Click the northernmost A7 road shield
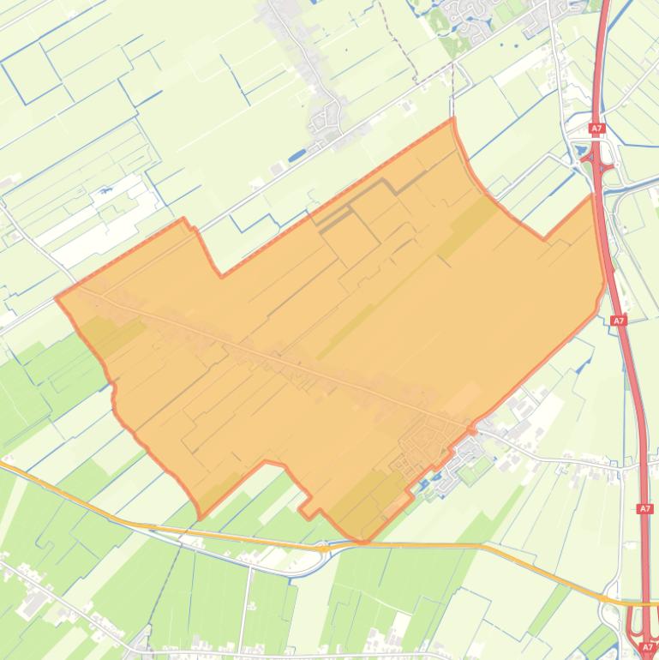click(596, 129)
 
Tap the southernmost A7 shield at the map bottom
click(647, 647)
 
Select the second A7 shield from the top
click(619, 321)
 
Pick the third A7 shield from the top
click(645, 509)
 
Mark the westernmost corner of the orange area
click(57, 297)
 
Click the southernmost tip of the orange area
click(363, 542)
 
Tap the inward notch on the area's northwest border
click(221, 275)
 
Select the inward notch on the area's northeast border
click(542, 238)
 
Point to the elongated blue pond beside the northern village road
click(297, 156)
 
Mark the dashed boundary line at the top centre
click(403, 51)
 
